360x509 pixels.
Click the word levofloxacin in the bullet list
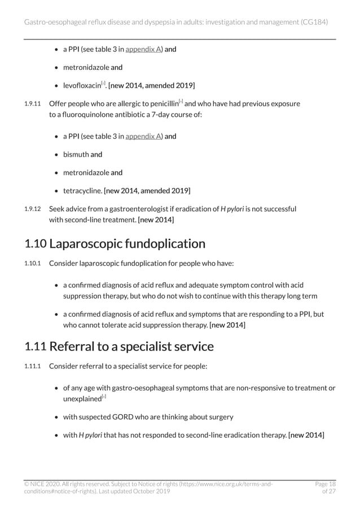coord(81,85)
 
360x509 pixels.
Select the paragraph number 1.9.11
coord(33,104)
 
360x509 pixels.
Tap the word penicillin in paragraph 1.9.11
coord(161,104)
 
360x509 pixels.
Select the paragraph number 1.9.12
coord(33,209)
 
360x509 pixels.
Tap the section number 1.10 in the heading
coord(35,244)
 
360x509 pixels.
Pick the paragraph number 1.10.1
coord(33,264)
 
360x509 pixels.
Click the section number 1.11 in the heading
coord(35,345)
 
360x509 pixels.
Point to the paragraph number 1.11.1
coord(33,366)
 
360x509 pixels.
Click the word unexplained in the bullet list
coord(81,398)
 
